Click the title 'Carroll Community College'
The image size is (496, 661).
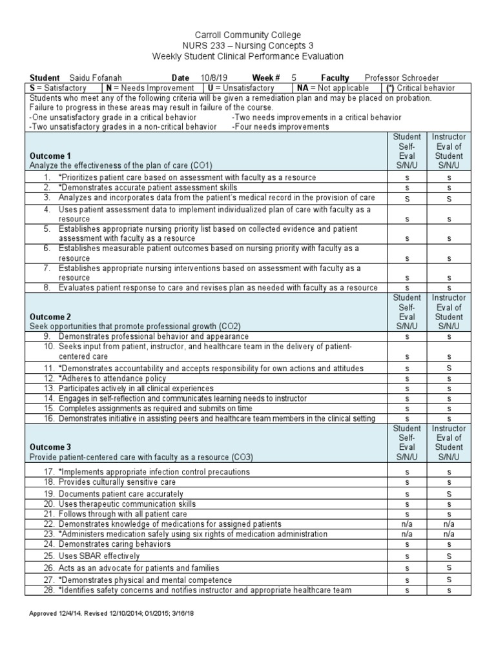248,35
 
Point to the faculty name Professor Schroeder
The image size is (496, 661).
401,77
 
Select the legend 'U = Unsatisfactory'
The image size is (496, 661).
241,88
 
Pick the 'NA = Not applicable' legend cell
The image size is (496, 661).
333,88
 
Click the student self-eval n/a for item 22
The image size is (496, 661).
407,524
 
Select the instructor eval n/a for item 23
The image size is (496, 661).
449,534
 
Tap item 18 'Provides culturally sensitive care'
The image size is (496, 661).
117,482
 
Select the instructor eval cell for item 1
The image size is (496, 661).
449,178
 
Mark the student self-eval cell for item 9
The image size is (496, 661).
407,337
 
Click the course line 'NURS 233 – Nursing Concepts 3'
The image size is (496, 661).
248,46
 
